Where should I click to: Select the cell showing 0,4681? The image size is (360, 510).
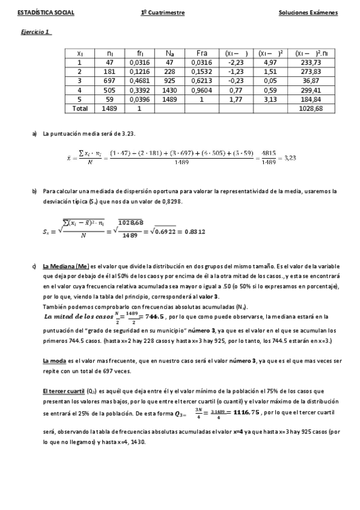139,81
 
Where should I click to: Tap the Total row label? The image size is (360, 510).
79,109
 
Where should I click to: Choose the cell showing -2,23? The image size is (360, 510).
234,62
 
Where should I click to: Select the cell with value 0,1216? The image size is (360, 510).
139,72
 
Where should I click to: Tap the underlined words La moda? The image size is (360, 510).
54,344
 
